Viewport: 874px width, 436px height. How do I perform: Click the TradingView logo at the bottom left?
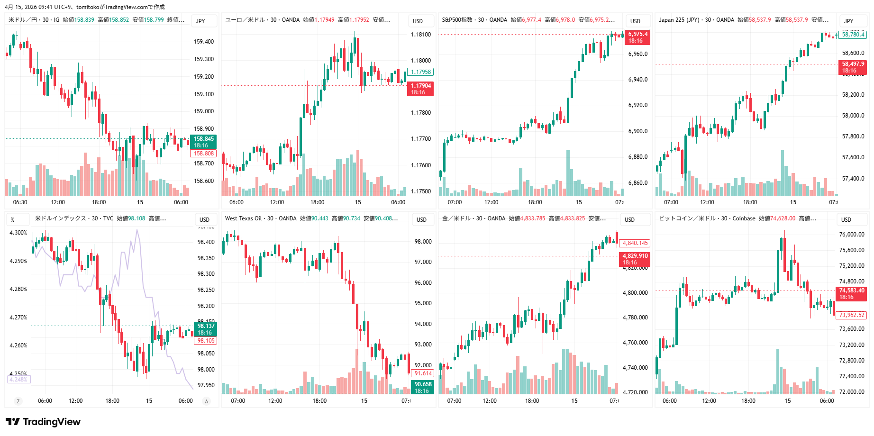(x=43, y=422)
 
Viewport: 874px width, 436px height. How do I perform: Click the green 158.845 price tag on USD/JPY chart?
(x=203, y=142)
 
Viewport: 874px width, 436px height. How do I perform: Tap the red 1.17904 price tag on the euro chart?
(x=420, y=89)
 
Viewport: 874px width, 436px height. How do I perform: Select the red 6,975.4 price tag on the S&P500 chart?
(x=638, y=37)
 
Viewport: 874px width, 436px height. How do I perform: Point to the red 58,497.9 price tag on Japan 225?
(x=853, y=67)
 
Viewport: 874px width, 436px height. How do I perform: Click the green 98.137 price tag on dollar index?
(x=206, y=329)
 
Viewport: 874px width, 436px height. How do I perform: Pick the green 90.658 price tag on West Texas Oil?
(x=423, y=387)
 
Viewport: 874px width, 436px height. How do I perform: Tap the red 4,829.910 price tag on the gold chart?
(x=635, y=259)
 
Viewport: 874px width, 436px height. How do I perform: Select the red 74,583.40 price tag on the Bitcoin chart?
(x=852, y=293)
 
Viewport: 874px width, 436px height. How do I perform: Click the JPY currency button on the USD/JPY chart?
(x=200, y=21)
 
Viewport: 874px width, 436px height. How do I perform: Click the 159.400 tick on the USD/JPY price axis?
(x=204, y=42)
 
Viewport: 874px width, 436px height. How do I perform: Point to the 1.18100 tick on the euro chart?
(x=421, y=35)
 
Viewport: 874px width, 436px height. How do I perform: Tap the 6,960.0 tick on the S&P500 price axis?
(x=638, y=54)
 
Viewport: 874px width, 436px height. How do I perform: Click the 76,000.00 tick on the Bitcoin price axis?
(x=852, y=235)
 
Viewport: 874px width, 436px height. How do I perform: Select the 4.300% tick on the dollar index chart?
(x=18, y=233)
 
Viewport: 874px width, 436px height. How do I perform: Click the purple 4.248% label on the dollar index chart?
(x=18, y=380)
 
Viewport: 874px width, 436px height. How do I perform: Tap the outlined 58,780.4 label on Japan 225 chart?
(x=853, y=35)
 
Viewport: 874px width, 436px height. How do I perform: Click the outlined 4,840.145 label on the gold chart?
(x=635, y=243)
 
